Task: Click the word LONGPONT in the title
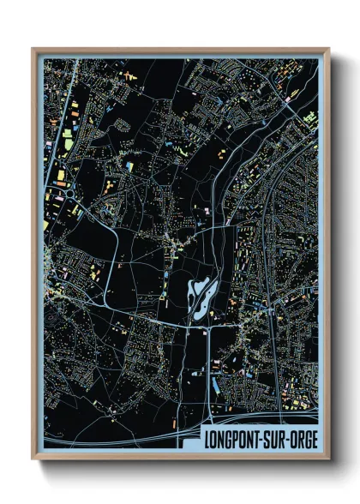click(231, 437)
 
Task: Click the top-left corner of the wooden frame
click(33, 50)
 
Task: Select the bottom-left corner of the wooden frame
click(33, 458)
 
